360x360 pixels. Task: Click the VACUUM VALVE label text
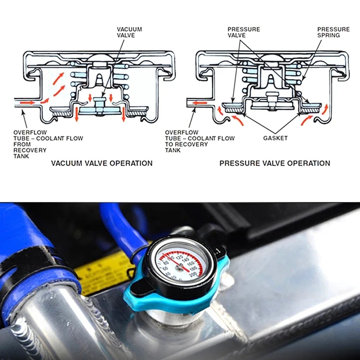click(129, 32)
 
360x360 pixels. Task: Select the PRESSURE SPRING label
click(333, 32)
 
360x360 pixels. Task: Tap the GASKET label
click(275, 138)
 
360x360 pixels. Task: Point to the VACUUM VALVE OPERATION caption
click(102, 163)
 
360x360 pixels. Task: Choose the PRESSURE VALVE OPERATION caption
click(274, 163)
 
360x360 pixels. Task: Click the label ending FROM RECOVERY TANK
click(48, 144)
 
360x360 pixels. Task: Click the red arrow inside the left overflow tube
click(28, 103)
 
